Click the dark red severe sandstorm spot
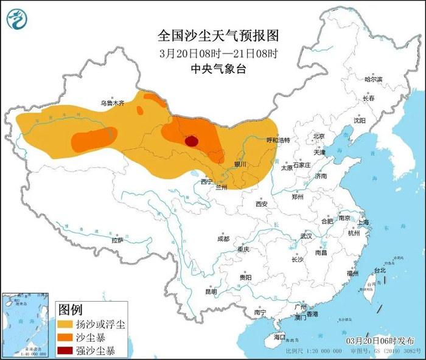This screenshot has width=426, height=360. pyautogui.click(x=191, y=141)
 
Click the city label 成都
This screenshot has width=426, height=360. pyautogui.click(x=223, y=238)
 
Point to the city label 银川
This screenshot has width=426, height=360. pyautogui.click(x=240, y=164)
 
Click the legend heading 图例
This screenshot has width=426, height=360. pyautogui.click(x=70, y=310)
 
